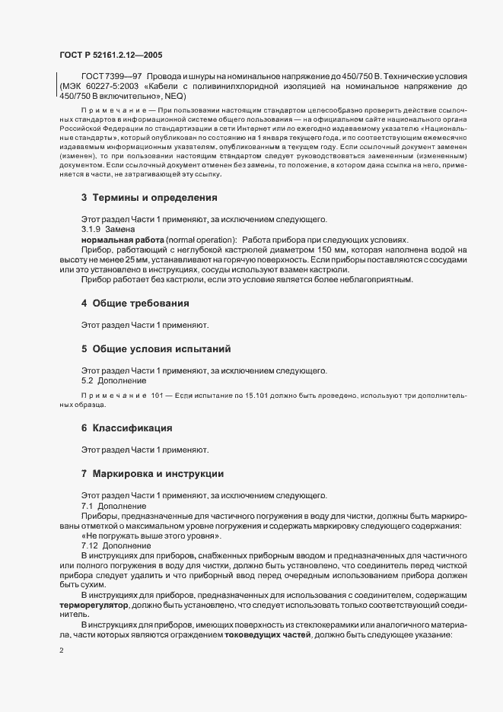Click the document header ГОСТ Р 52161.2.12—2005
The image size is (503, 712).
(x=110, y=55)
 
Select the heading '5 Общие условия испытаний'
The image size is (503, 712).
(x=157, y=349)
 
